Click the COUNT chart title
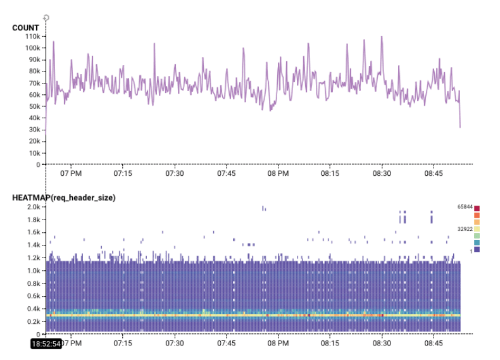point(25,28)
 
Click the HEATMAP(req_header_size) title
point(63,198)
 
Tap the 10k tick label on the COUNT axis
point(35,153)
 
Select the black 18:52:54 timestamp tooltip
point(47,344)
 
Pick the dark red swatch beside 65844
point(477,208)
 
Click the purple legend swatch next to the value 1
point(477,250)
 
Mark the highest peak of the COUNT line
point(382,37)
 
